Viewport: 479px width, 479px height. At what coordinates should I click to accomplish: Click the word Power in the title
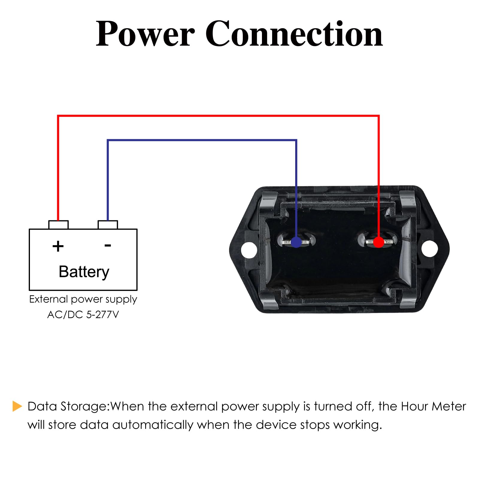tap(145, 34)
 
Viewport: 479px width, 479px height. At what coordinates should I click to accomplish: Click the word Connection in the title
tap(294, 34)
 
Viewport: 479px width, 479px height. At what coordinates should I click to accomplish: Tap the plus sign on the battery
tap(58, 246)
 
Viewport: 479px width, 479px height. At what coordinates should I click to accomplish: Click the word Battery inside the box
tap(84, 272)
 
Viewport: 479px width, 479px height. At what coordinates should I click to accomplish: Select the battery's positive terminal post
tap(58, 225)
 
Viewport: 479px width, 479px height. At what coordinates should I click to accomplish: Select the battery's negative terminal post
tap(108, 225)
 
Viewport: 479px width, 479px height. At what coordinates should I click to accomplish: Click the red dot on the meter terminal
tap(378, 242)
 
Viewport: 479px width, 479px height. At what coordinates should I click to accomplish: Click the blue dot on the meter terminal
tap(296, 242)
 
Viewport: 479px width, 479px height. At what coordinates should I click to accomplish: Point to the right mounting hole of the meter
tap(429, 248)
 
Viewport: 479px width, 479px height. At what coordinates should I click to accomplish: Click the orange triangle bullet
tap(17, 406)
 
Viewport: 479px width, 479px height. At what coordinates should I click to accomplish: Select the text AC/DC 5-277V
tap(83, 315)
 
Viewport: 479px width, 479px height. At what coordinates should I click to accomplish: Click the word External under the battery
tap(48, 299)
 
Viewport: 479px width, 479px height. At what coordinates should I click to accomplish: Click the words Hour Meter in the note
tap(433, 407)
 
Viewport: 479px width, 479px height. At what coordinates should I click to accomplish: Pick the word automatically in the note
tap(153, 425)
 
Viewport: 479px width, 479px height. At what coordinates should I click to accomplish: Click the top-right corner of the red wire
tap(379, 116)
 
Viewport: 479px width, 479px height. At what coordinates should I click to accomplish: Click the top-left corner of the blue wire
tap(108, 140)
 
